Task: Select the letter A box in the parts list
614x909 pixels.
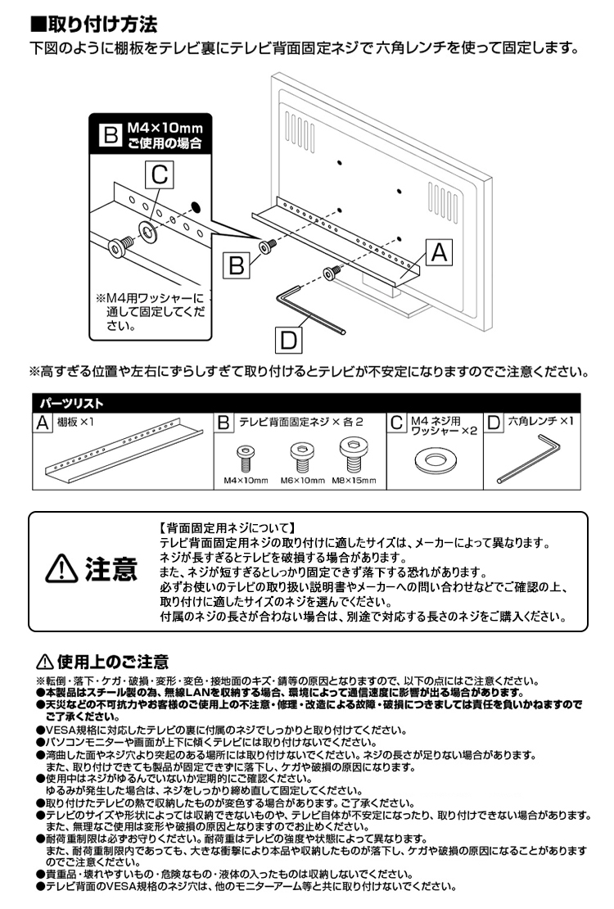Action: click(43, 423)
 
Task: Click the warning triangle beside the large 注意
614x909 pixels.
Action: click(63, 568)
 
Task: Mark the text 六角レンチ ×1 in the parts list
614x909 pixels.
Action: click(541, 422)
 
